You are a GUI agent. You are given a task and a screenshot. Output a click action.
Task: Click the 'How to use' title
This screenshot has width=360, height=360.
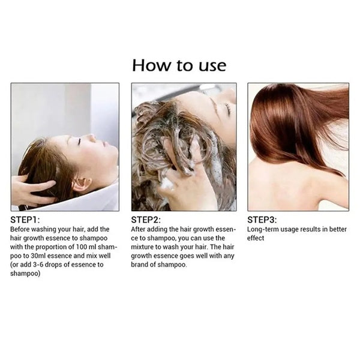point(179,64)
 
